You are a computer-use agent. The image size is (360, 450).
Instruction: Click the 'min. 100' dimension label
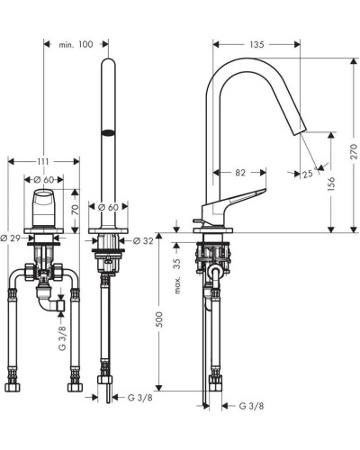(76, 44)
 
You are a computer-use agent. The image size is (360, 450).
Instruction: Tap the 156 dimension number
(332, 183)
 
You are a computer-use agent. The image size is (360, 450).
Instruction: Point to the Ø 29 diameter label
(13, 238)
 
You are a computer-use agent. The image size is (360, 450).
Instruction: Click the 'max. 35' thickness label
(177, 274)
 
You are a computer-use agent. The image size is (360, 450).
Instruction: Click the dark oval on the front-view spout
(107, 135)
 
